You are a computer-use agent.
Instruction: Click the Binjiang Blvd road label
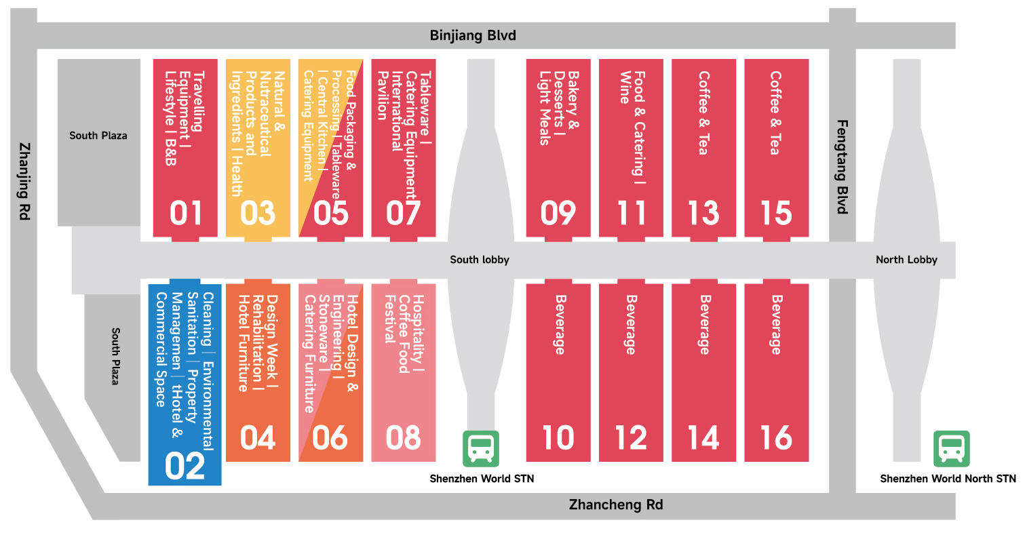[x=473, y=36]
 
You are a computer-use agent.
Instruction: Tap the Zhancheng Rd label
[x=616, y=505]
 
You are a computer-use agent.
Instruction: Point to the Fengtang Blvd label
[x=843, y=167]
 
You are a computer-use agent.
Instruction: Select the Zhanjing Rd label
[x=24, y=181]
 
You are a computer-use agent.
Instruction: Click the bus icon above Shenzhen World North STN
[x=951, y=449]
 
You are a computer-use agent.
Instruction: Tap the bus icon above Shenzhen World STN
[x=480, y=449]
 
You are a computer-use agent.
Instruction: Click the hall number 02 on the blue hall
[x=185, y=467]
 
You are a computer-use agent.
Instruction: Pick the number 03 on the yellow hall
[x=258, y=213]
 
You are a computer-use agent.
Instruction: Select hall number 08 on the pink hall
[x=403, y=438]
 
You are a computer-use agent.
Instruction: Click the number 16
[x=776, y=438]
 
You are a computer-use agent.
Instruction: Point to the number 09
[x=558, y=213]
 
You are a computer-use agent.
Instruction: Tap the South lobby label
[x=480, y=260]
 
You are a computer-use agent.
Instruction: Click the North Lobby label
[x=906, y=260]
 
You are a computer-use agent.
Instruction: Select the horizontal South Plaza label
[x=98, y=136]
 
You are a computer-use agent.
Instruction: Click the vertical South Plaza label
[x=116, y=357]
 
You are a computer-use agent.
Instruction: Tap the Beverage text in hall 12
[x=631, y=325]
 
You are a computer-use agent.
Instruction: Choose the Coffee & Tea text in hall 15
[x=776, y=113]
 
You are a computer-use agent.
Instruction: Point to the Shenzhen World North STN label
[x=948, y=479]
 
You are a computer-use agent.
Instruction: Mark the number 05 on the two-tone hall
[x=331, y=213]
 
